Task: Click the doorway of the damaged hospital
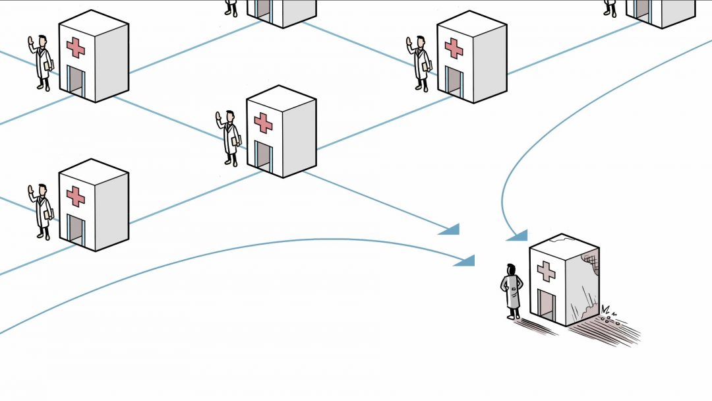547,305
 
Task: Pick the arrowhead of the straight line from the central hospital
450,230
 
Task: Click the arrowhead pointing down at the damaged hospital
518,235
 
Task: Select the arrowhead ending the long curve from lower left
465,261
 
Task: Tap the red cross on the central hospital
264,122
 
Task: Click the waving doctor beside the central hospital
230,137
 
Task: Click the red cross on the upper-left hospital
76,47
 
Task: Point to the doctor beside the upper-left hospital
43,63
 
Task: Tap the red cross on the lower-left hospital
76,196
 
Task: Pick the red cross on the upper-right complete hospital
454,47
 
